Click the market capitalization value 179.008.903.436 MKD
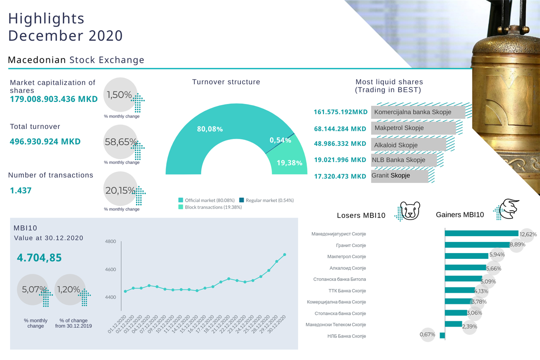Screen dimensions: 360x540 [54, 99]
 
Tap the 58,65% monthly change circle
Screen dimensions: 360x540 [120, 142]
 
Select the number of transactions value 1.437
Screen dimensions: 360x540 [21, 191]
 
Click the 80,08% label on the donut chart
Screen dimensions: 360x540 [210, 129]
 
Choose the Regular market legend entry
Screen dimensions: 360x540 [267, 200]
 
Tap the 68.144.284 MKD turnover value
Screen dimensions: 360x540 [340, 129]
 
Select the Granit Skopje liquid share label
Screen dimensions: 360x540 [391, 176]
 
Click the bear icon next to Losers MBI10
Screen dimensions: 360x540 [410, 211]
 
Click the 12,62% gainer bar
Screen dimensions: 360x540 [481, 233]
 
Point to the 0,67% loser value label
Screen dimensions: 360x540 [427, 335]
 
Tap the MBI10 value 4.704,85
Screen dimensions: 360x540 [39, 258]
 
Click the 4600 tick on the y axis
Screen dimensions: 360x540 [110, 269]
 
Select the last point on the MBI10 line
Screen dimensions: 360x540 [285, 255]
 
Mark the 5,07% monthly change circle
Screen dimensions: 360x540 [33, 289]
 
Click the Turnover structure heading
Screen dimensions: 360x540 [226, 82]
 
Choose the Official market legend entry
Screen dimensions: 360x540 [206, 200]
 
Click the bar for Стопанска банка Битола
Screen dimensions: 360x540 [463, 279]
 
